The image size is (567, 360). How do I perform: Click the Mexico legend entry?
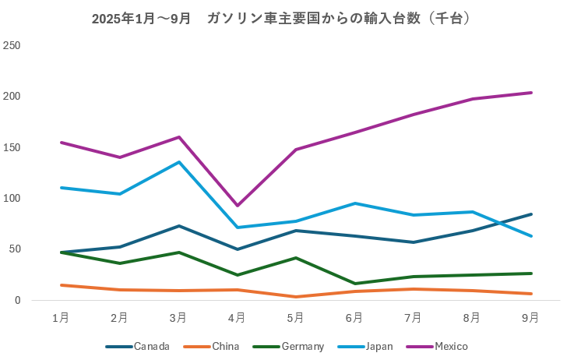pyautogui.click(x=450, y=346)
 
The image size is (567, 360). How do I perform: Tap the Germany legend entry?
pyautogui.click(x=301, y=346)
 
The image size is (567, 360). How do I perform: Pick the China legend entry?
pyautogui.click(x=224, y=346)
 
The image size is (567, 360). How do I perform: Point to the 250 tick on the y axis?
pyautogui.click(x=12, y=46)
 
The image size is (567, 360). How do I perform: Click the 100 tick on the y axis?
pyautogui.click(x=12, y=199)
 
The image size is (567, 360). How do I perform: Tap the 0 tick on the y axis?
pyautogui.click(x=17, y=300)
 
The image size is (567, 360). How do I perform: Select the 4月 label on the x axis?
pyautogui.click(x=237, y=317)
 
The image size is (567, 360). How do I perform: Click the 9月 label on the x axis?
pyautogui.click(x=531, y=317)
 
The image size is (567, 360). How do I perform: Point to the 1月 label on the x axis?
pyautogui.click(x=60, y=317)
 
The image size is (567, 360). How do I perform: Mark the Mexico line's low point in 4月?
pyautogui.click(x=237, y=206)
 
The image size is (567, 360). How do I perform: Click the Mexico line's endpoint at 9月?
pyautogui.click(x=531, y=93)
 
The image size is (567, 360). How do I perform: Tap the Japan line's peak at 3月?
pyautogui.click(x=178, y=162)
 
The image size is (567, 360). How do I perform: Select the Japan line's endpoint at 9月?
pyautogui.click(x=531, y=236)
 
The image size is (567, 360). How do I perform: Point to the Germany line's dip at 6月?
pyautogui.click(x=355, y=284)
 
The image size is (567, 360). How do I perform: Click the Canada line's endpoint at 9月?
pyautogui.click(x=531, y=214)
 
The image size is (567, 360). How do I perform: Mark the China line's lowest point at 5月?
pyautogui.click(x=296, y=297)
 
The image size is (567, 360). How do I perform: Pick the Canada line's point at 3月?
pyautogui.click(x=178, y=226)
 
